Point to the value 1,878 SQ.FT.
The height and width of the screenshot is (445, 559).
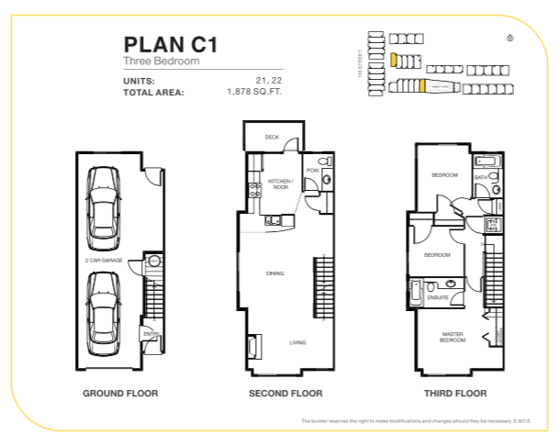pyautogui.click(x=254, y=93)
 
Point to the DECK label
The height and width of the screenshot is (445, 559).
pyautogui.click(x=272, y=138)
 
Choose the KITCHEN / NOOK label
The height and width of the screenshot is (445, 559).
pyautogui.click(x=279, y=184)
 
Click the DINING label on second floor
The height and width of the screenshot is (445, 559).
pyautogui.click(x=274, y=273)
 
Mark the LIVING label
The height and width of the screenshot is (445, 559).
pyautogui.click(x=297, y=342)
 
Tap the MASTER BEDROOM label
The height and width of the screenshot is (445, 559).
pyautogui.click(x=453, y=337)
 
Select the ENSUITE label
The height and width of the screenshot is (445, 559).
pyautogui.click(x=438, y=297)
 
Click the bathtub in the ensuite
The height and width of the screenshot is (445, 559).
pyautogui.click(x=418, y=292)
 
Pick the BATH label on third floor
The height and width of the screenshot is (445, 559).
pyautogui.click(x=480, y=177)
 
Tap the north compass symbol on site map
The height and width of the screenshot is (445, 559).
pyautogui.click(x=510, y=38)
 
